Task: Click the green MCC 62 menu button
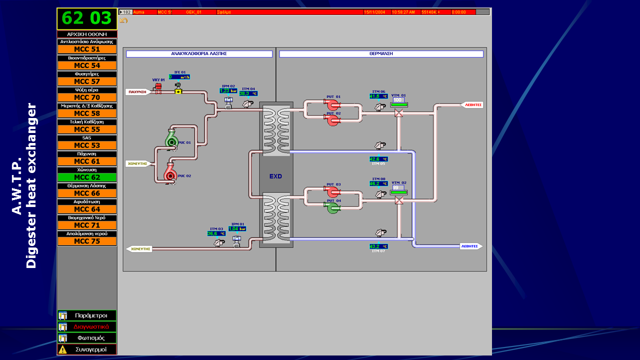click(87, 177)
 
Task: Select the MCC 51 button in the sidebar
click(87, 49)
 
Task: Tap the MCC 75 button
click(87, 241)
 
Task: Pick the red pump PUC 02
click(170, 173)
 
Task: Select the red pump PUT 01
click(333, 104)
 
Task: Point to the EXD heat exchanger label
click(275, 176)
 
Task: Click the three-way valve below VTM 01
click(398, 113)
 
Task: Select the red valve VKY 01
click(158, 88)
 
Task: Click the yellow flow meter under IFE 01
click(178, 91)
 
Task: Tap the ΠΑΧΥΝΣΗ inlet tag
click(137, 92)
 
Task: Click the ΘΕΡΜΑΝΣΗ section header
click(381, 54)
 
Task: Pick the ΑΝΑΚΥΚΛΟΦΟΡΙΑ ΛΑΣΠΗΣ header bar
click(199, 54)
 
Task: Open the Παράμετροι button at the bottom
click(87, 315)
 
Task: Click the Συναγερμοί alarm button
click(87, 349)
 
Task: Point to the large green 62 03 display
click(87, 18)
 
